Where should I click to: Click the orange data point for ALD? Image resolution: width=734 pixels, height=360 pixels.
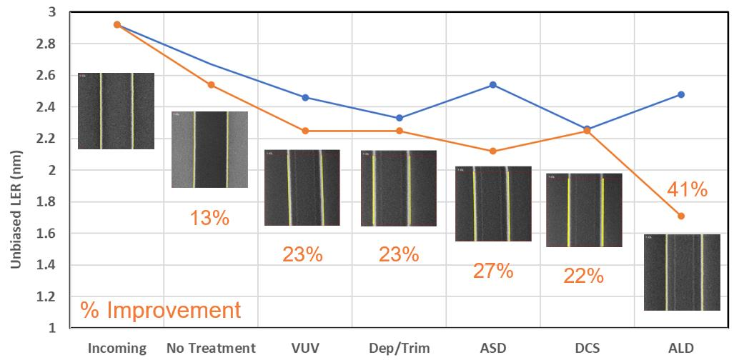pyautogui.click(x=681, y=216)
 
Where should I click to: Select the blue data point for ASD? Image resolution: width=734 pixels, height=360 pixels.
pyautogui.click(x=493, y=85)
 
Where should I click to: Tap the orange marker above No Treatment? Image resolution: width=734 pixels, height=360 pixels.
pyautogui.click(x=211, y=85)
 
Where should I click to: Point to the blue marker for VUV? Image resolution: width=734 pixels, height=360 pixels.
pyautogui.click(x=305, y=97)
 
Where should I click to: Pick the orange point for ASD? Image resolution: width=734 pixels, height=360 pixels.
pyautogui.click(x=493, y=151)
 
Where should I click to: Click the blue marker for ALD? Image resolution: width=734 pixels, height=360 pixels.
pyautogui.click(x=681, y=94)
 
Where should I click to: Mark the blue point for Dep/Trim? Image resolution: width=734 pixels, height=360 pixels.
pyautogui.click(x=400, y=118)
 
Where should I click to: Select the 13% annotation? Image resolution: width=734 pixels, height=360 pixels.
pyautogui.click(x=209, y=218)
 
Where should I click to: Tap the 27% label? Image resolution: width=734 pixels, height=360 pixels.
pyautogui.click(x=493, y=271)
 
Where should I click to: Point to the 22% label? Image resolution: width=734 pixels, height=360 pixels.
pyautogui.click(x=583, y=276)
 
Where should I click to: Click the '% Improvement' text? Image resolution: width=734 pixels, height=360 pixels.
pyautogui.click(x=161, y=311)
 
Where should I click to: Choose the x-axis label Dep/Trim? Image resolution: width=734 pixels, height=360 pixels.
pyautogui.click(x=399, y=349)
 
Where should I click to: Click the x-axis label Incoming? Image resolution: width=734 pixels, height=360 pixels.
pyautogui.click(x=117, y=349)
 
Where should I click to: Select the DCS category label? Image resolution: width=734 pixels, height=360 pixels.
pyautogui.click(x=587, y=348)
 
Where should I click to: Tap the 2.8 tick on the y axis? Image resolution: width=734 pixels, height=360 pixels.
pyautogui.click(x=52, y=44)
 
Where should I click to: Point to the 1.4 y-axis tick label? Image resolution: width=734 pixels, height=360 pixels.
pyautogui.click(x=52, y=265)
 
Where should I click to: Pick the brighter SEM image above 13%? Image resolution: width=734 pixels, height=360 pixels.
pyautogui.click(x=209, y=149)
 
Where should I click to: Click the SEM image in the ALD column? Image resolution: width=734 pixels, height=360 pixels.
pyautogui.click(x=682, y=272)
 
